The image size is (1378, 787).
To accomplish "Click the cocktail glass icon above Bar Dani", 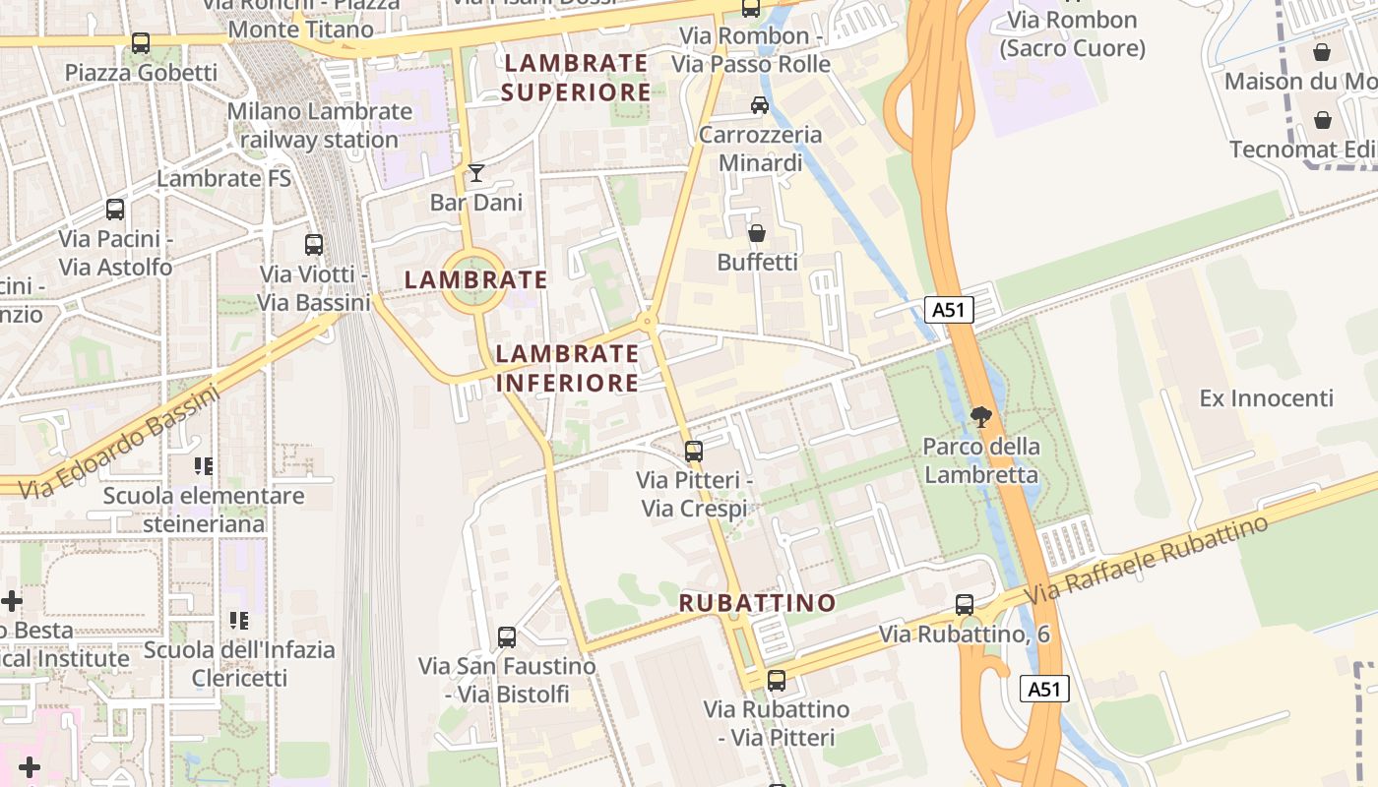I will click(x=476, y=173).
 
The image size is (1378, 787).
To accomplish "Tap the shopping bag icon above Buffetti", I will click(x=757, y=233).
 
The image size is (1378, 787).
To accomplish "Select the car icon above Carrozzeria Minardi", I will click(x=760, y=104).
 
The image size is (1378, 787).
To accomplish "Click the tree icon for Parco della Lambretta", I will click(x=980, y=417).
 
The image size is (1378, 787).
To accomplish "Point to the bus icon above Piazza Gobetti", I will click(x=141, y=43).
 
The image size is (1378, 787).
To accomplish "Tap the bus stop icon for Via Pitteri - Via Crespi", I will click(x=694, y=452).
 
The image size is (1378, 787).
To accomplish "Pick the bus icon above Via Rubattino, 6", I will click(x=965, y=605).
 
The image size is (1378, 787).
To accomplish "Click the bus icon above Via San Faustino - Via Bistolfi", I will click(x=507, y=637).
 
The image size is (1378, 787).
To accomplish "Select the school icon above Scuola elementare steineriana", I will click(x=204, y=466).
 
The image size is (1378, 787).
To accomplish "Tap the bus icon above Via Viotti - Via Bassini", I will click(x=314, y=245).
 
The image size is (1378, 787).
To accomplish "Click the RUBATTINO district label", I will click(x=758, y=603).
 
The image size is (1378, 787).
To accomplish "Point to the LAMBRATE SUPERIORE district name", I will click(x=576, y=78).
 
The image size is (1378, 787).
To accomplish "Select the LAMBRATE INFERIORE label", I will click(x=568, y=368).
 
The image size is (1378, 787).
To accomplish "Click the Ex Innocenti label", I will click(x=1267, y=398).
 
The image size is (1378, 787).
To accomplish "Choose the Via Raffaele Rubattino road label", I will click(x=1148, y=562).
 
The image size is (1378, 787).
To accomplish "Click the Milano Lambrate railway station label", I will click(x=320, y=125).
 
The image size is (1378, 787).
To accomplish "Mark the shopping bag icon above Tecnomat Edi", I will click(x=1323, y=120).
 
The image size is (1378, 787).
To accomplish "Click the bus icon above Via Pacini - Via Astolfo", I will click(x=115, y=210).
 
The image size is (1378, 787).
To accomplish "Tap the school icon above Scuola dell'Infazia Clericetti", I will click(x=239, y=621).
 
